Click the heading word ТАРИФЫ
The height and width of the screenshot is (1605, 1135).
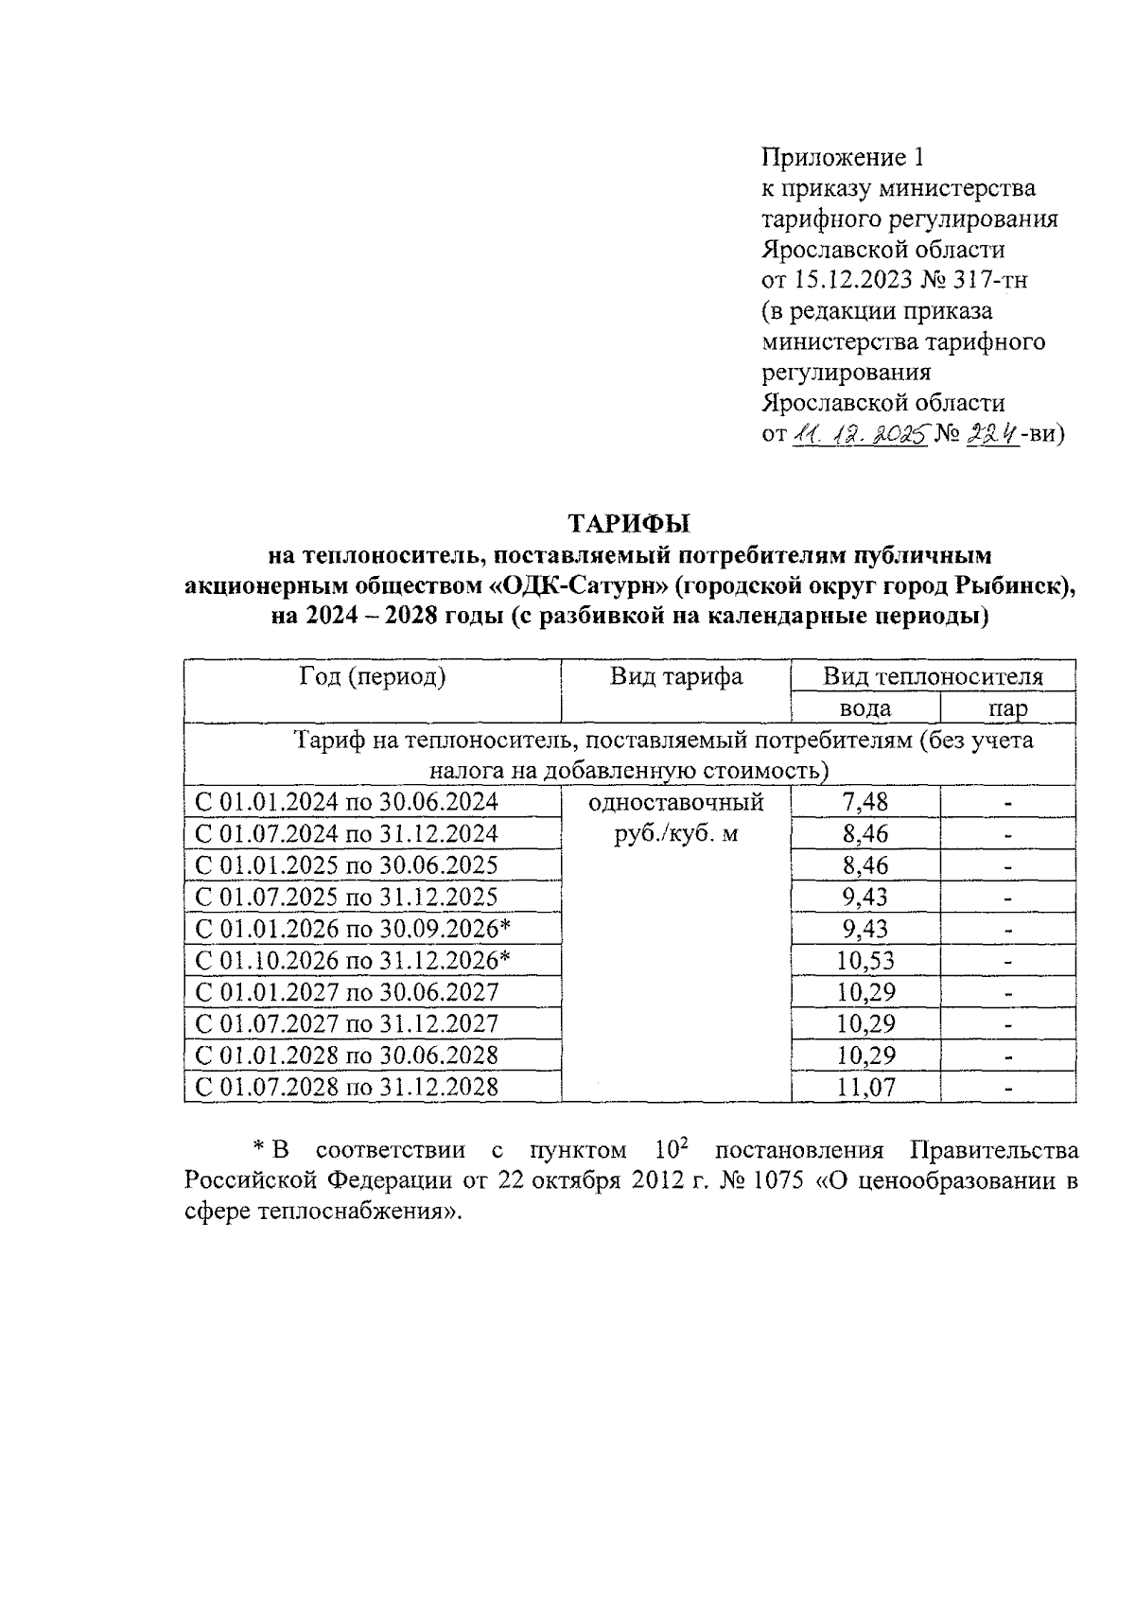coord(628,523)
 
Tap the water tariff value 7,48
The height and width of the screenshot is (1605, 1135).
coord(864,803)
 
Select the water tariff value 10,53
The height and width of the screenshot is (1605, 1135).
coord(864,961)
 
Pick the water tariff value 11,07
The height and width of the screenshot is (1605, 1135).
coord(864,1088)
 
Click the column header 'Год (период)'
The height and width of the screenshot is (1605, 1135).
coord(373,677)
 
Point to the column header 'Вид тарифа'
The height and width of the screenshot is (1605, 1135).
coord(675,677)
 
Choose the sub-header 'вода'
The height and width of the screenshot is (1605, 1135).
coord(864,708)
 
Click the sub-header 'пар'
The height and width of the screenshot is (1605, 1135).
coord(1007,708)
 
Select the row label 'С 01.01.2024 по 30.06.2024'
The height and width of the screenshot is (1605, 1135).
coord(346,803)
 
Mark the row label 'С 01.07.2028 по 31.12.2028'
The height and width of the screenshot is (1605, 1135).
coord(346,1088)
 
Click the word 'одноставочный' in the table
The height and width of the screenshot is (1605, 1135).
coord(675,803)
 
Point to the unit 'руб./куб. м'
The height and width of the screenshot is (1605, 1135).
coord(675,834)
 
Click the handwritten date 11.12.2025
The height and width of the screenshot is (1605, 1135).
coord(859,435)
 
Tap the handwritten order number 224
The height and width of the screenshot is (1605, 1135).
coord(992,435)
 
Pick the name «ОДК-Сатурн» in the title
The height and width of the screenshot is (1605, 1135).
coord(579,586)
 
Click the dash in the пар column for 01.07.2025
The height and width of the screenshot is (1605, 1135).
coord(1008,898)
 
